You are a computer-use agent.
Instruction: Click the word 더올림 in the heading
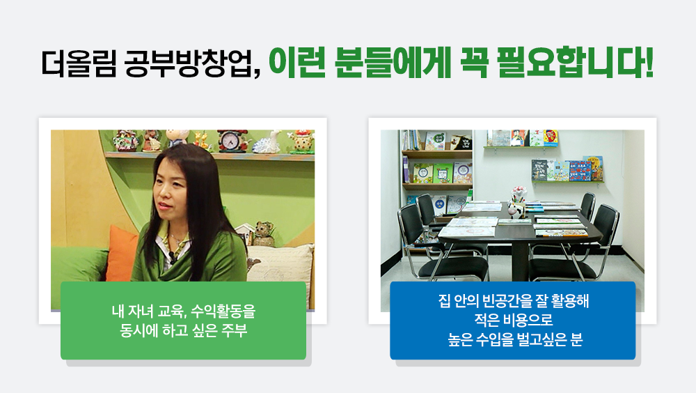point(79,63)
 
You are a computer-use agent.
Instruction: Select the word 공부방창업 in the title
point(192,63)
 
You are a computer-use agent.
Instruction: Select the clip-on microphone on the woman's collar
point(172,257)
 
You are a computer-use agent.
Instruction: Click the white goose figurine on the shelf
point(268,142)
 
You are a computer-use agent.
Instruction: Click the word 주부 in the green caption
point(235,330)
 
